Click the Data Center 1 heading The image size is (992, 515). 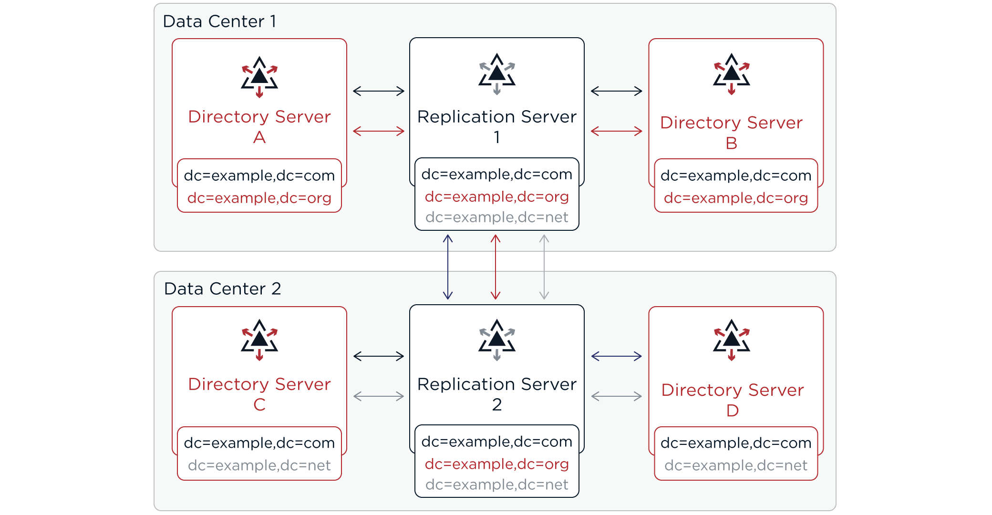pyautogui.click(x=219, y=21)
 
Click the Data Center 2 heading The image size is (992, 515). pyautogui.click(x=222, y=289)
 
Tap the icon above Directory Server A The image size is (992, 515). pyautogui.click(x=259, y=77)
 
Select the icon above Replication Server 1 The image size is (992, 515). pyautogui.click(x=497, y=74)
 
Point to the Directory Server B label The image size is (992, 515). pyautogui.click(x=731, y=132)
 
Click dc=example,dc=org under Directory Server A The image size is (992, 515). pyautogui.click(x=259, y=198)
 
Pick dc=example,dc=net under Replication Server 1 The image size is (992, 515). pyautogui.click(x=496, y=217)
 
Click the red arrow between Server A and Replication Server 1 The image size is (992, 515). pyautogui.click(x=379, y=131)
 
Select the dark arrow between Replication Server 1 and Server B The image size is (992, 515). pyautogui.click(x=616, y=91)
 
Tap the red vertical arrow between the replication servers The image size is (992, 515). pyautogui.click(x=496, y=267)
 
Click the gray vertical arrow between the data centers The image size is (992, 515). pyautogui.click(x=544, y=267)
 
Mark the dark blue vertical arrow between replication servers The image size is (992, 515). pyautogui.click(x=448, y=267)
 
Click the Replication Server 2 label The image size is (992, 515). pyautogui.click(x=497, y=394)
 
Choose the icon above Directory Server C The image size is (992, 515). pyautogui.click(x=259, y=340)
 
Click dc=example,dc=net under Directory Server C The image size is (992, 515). pyautogui.click(x=259, y=465)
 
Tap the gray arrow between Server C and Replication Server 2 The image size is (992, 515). pyautogui.click(x=379, y=396)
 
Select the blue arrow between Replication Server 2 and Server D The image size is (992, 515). pyautogui.click(x=616, y=356)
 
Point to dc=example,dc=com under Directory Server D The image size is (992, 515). pyautogui.click(x=736, y=443)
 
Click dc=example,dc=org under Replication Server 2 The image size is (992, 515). pyautogui.click(x=496, y=464)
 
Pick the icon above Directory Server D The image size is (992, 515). pyautogui.click(x=732, y=340)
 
